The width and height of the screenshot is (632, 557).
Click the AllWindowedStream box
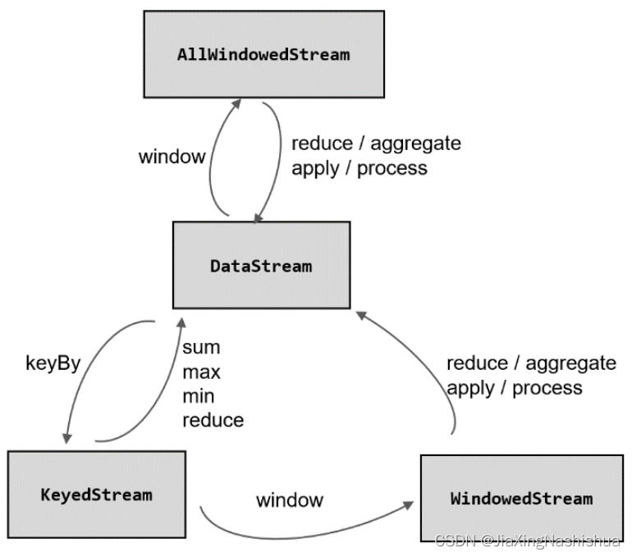coord(264,54)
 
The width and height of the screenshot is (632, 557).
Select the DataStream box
coord(262,265)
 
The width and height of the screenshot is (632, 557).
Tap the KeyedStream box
coord(97,495)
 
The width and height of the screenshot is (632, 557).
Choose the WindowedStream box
coord(521,498)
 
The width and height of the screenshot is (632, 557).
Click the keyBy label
coord(53,363)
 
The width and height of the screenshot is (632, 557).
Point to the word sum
coord(201,348)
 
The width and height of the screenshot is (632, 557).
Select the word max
coord(202,372)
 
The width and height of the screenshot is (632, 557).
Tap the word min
coord(199,396)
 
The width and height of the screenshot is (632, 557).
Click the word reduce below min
coord(213,421)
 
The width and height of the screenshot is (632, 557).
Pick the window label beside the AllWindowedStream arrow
coord(172,157)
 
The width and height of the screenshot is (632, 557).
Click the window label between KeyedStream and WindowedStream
coord(290,500)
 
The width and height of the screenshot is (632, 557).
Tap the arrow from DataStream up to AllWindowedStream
coord(210,161)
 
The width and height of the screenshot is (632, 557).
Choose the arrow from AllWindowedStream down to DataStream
coord(279,161)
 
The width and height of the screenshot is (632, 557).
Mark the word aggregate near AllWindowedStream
coord(415,144)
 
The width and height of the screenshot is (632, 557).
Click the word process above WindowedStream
coord(547,389)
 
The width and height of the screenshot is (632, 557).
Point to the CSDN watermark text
coord(528,541)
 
